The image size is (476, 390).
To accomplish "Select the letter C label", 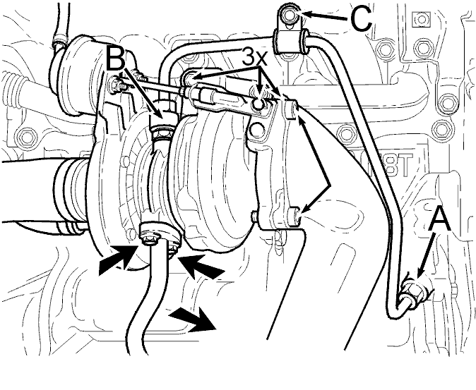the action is pyautogui.click(x=361, y=19).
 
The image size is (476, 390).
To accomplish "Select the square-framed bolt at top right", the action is pyautogui.click(x=421, y=19).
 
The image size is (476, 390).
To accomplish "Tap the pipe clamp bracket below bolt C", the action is pyautogui.click(x=291, y=41).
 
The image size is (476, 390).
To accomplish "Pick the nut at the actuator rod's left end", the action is pyautogui.click(x=116, y=84).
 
